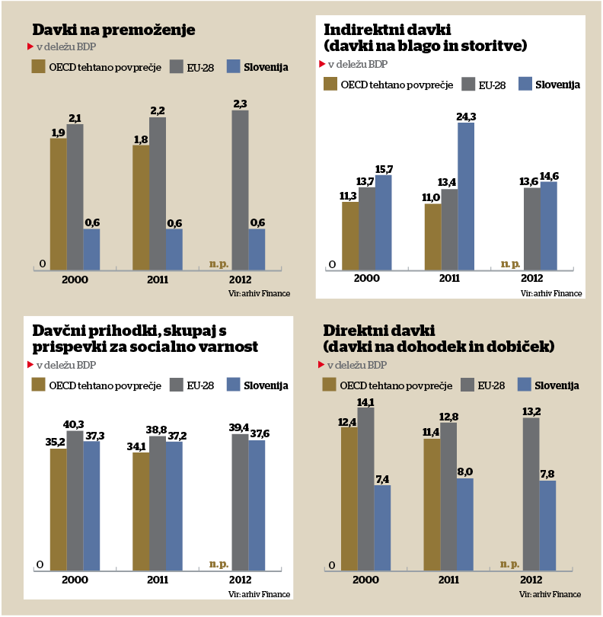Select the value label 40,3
click(x=75, y=424)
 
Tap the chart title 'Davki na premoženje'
click(x=114, y=30)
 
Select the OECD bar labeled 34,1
click(x=141, y=511)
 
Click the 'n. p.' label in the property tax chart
click(x=219, y=264)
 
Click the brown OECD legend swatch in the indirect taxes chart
click(x=330, y=84)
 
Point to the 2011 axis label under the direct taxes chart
click(x=448, y=580)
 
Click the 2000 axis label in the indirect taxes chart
click(x=366, y=279)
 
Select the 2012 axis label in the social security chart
click(x=241, y=580)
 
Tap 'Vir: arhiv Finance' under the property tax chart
click(x=259, y=293)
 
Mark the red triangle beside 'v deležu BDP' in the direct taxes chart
click(x=321, y=365)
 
